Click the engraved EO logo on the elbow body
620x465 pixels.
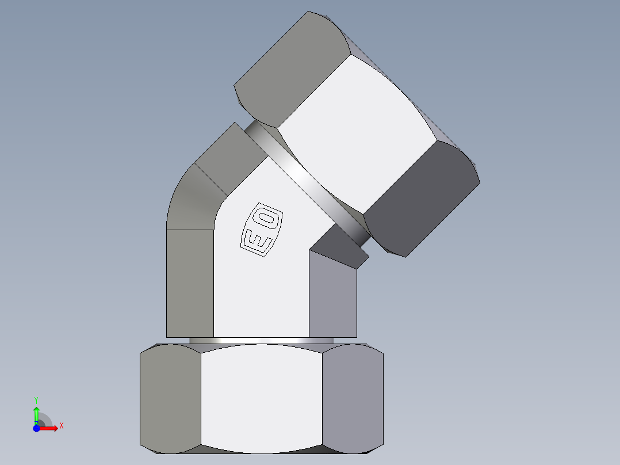coord(262,228)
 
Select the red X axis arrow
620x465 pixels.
coord(49,428)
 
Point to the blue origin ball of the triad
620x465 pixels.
coord(36,428)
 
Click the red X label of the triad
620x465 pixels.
coord(61,426)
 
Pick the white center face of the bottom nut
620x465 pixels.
coord(262,397)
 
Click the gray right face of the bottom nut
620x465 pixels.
coord(353,397)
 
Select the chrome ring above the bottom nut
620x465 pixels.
coord(262,341)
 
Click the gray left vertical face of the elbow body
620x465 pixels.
coord(190,282)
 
